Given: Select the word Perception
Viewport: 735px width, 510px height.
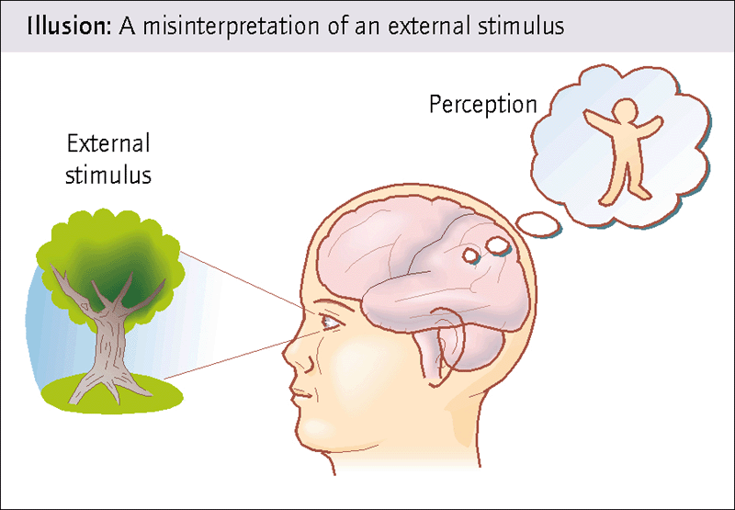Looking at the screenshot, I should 482,105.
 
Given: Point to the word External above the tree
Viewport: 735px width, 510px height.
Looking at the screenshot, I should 108,144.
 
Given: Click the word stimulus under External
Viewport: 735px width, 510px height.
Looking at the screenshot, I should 108,175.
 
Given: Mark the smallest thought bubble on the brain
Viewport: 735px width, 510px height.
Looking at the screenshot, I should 474,256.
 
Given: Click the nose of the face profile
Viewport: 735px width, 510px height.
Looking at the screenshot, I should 292,354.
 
